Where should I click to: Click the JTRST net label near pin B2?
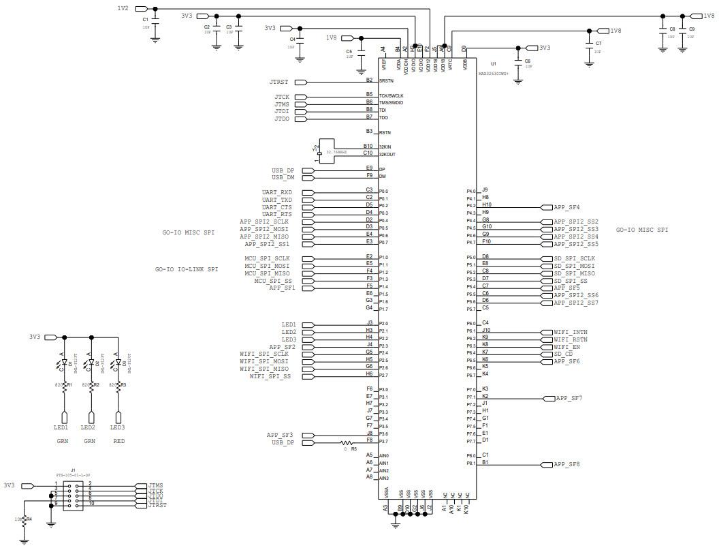tap(278, 82)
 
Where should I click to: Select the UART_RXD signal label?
tap(277, 192)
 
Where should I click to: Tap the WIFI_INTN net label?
tap(570, 332)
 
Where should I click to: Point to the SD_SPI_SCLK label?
tap(574, 258)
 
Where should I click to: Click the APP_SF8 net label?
tap(566, 464)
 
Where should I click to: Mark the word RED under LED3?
tap(118, 441)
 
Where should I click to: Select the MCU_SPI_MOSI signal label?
tap(268, 266)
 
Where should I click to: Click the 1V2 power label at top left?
tap(123, 7)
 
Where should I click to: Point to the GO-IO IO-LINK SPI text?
tap(187, 270)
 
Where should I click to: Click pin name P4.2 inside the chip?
tap(470, 206)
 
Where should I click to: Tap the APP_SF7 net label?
tap(569, 398)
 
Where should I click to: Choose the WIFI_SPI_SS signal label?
tap(270, 376)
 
